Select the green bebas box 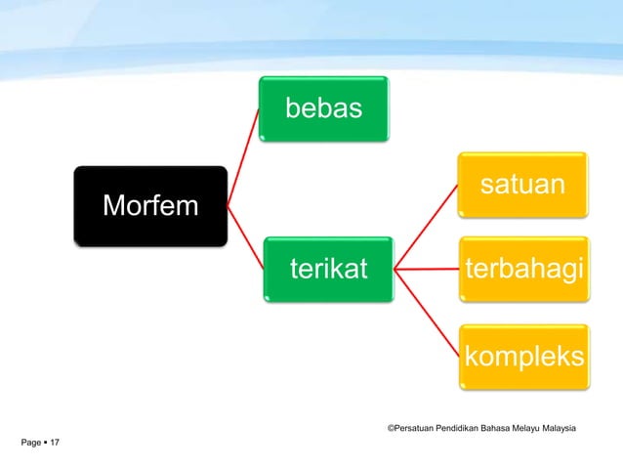point(323,108)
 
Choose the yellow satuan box point(524,184)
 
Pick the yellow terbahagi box point(524,270)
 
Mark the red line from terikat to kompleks point(427,310)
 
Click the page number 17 point(54,444)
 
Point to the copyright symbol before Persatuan point(391,428)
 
